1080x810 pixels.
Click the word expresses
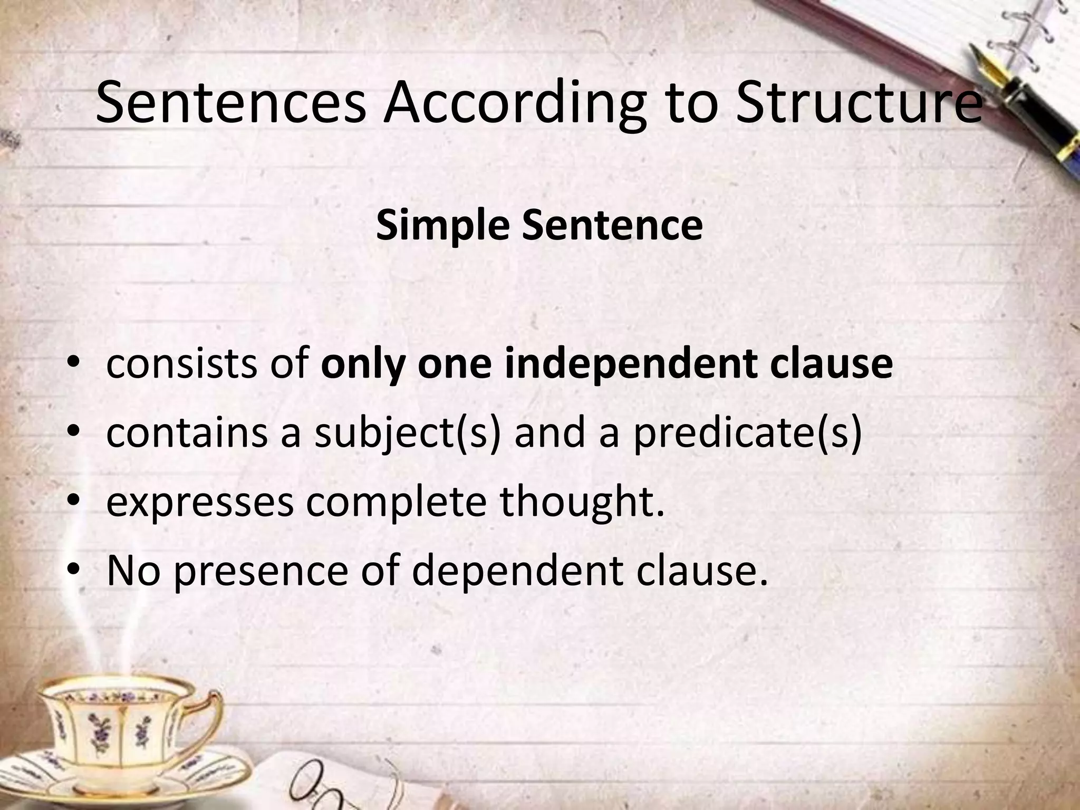coord(200,502)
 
